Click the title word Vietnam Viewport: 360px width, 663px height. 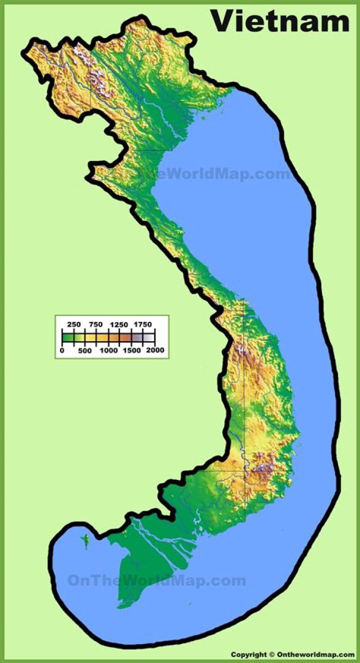pyautogui.click(x=280, y=21)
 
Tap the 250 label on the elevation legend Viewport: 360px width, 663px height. pyautogui.click(x=74, y=324)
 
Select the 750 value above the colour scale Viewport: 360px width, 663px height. pyautogui.click(x=96, y=324)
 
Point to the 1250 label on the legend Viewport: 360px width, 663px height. pyautogui.click(x=119, y=324)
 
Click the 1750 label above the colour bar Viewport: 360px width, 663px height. pyautogui.click(x=142, y=324)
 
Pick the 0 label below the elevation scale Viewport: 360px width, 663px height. pyautogui.click(x=61, y=350)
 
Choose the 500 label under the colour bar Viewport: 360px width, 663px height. pyautogui.click(x=84, y=350)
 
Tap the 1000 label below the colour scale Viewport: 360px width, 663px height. pyautogui.click(x=108, y=350)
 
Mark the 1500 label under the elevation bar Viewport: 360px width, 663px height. pyautogui.click(x=131, y=350)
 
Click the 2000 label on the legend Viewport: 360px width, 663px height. pyautogui.click(x=155, y=350)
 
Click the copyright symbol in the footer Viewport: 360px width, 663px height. pyautogui.click(x=272, y=654)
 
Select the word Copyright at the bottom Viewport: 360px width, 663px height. pyautogui.click(x=249, y=654)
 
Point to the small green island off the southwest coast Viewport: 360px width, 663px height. pyautogui.click(x=85, y=540)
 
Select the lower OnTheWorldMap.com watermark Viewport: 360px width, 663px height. pyautogui.click(x=156, y=580)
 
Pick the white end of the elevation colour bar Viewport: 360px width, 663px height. pyautogui.click(x=150, y=337)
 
